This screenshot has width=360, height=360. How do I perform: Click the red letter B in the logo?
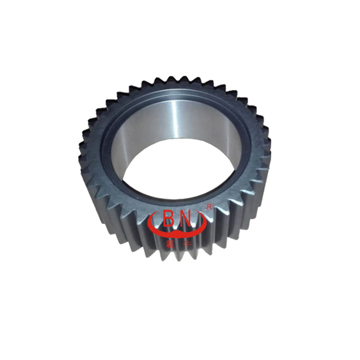(x=169, y=218)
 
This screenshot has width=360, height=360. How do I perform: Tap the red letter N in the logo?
(x=190, y=218)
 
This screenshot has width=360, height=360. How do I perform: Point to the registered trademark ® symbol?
(x=209, y=208)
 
